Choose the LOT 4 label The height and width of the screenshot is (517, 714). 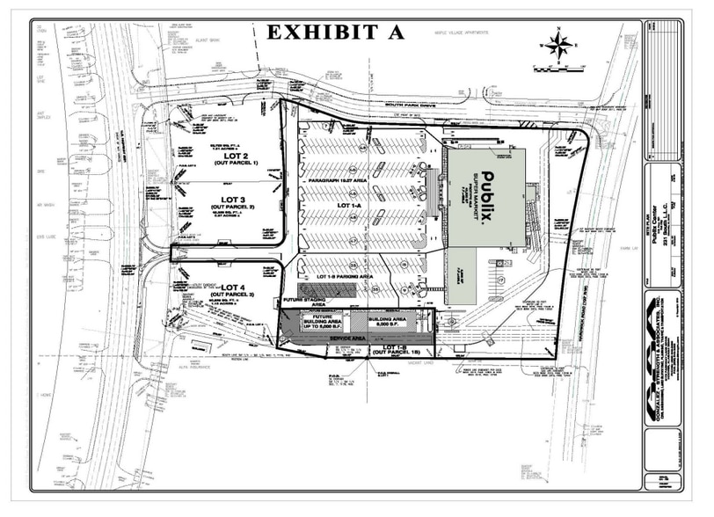coord(230,288)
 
